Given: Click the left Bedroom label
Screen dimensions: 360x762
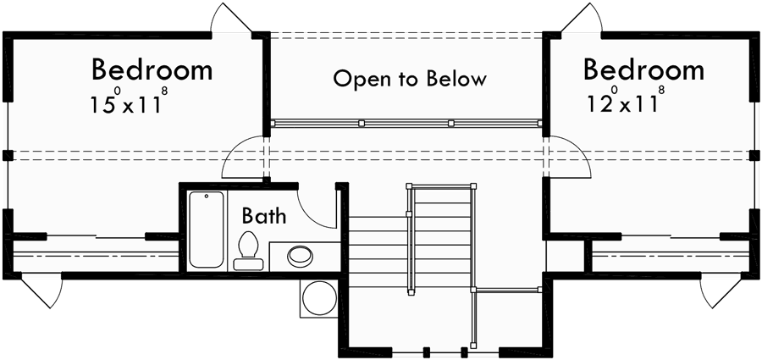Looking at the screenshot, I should coord(152,69).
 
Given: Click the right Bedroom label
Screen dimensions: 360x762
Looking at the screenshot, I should coord(643,69).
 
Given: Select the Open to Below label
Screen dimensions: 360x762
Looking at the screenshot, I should coord(410,80).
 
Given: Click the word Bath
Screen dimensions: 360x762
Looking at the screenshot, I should coord(263,216).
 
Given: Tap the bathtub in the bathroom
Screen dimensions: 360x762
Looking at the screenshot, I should coord(207,229).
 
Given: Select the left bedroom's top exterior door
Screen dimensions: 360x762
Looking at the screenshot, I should coord(230,19).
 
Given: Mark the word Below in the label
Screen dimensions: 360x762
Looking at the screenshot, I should coord(456,80).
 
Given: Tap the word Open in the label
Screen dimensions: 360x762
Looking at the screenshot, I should coord(355,80).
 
